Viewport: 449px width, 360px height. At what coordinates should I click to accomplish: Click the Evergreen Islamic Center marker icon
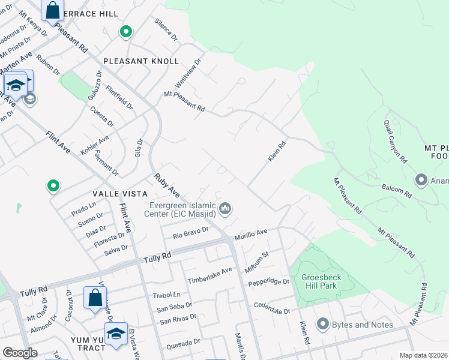click(226, 209)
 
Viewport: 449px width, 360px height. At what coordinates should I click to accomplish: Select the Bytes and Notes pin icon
click(322, 325)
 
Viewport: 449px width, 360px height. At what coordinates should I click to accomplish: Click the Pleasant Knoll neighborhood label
click(141, 61)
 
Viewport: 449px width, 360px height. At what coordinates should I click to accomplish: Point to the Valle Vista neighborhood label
click(120, 193)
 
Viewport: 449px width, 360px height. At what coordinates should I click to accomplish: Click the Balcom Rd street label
click(397, 191)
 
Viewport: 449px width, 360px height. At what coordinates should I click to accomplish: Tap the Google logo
click(20, 353)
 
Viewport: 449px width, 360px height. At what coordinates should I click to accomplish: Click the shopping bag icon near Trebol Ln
click(95, 297)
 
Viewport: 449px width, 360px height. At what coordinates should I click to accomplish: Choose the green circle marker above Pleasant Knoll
click(125, 32)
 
